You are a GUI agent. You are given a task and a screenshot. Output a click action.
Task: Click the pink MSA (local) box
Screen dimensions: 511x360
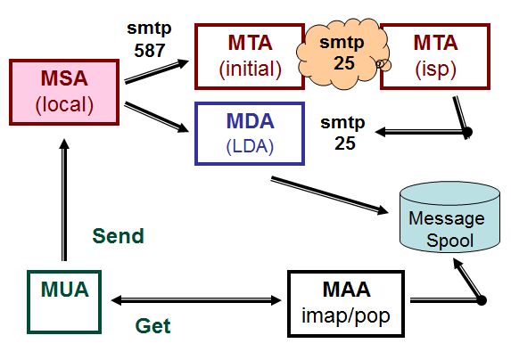coord(64,92)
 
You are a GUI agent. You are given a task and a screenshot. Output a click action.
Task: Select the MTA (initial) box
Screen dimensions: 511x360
coord(250,56)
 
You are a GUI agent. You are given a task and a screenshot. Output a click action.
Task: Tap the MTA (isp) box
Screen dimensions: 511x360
coord(435,56)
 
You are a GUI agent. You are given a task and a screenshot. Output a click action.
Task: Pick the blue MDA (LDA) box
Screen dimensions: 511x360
coord(250,134)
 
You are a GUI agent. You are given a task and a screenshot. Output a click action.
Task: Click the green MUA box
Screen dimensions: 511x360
coord(64,302)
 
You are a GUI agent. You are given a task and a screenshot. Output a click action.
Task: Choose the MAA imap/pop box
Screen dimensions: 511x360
coord(346,303)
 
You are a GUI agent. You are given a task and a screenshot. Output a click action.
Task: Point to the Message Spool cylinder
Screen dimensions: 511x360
coord(449,217)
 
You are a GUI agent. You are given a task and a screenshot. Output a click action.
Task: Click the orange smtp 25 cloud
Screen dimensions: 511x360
coord(342,53)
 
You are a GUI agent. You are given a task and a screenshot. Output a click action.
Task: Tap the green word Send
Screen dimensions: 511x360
coord(118,236)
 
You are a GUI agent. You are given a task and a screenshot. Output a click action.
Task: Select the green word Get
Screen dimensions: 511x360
coord(152,326)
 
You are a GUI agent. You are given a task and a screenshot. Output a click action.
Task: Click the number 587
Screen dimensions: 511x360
coord(150,51)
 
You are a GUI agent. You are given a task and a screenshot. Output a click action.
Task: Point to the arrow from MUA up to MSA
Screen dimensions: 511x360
coord(64,200)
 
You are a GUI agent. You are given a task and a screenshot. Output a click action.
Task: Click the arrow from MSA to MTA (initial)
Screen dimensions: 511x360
coord(156,71)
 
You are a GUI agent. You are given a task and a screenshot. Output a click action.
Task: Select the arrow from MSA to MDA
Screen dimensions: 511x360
coord(156,117)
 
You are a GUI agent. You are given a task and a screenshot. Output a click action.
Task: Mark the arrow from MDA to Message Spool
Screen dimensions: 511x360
coord(329,195)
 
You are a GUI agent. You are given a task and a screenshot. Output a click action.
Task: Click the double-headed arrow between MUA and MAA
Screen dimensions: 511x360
coord(196,300)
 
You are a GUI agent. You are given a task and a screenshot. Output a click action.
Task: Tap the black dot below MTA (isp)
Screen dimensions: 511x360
coord(467,132)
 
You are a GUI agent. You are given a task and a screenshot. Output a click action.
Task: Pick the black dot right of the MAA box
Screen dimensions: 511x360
coord(482,300)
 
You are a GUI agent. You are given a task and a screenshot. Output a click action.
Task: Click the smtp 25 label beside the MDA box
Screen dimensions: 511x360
coord(342,133)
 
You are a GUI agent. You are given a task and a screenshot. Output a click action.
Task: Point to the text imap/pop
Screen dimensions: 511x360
coord(346,315)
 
